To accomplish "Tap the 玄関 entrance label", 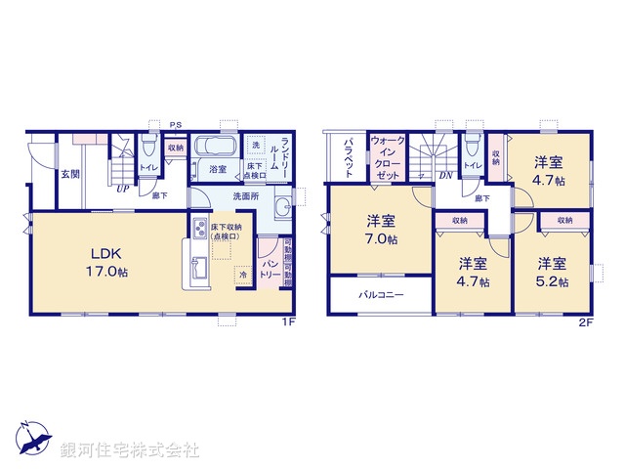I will click(70, 175).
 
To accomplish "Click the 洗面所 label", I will click(244, 196).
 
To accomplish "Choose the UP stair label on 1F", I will click(122, 189).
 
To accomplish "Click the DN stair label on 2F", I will click(444, 176).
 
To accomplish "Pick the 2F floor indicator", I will click(585, 321).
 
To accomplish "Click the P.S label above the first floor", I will click(175, 125).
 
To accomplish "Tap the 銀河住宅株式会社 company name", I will click(129, 450).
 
